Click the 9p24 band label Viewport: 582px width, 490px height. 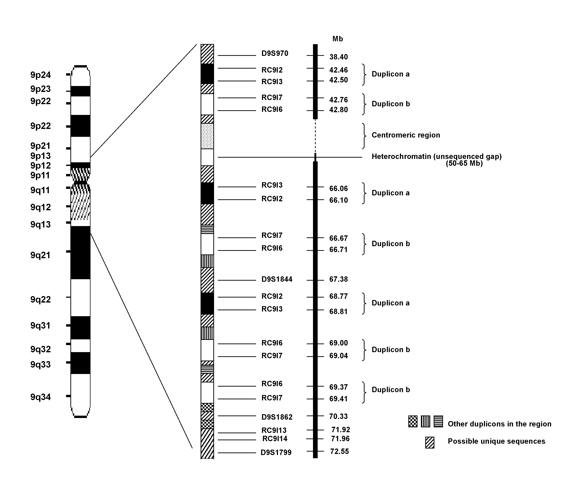pos(41,75)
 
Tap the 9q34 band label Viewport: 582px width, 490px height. pos(41,397)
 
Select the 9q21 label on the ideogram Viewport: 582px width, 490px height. pos(41,255)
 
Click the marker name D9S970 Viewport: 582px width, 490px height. pos(275,53)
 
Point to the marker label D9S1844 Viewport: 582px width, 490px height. pos(277,279)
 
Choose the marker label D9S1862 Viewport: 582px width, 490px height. pos(277,417)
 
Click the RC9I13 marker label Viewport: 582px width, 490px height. pos(274,430)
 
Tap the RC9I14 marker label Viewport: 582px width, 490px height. pos(275,439)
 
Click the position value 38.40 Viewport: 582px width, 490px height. pos(338,57)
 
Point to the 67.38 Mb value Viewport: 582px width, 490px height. pos(338,279)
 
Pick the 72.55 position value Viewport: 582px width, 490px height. pos(339,451)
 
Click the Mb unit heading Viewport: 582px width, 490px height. pos(338,39)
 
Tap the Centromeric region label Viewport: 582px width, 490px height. pos(406,135)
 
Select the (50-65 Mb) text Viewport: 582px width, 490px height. pos(464,163)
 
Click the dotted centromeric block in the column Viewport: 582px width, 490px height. pos(207,136)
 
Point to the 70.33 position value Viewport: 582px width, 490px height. pos(338,416)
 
